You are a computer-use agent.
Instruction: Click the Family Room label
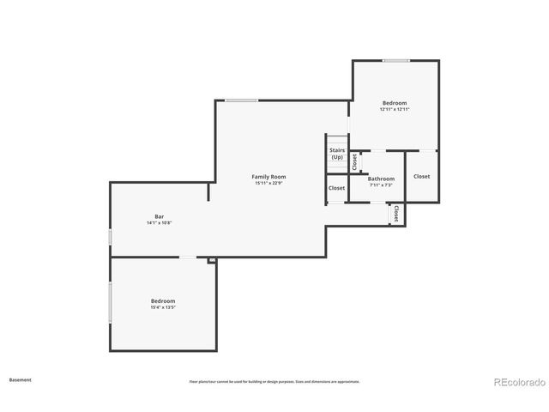[x=268, y=177]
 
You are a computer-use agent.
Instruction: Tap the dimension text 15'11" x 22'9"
[x=268, y=183]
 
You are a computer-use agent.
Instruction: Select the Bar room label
[x=160, y=216]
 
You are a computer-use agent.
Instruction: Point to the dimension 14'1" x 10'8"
[x=160, y=223]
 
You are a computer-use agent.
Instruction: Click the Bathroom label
[x=381, y=179]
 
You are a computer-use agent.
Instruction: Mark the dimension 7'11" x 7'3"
[x=381, y=185]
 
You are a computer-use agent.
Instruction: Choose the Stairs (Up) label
[x=337, y=154]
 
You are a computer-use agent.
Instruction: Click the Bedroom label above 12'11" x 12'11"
[x=395, y=103]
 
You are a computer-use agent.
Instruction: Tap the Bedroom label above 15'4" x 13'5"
[x=163, y=300]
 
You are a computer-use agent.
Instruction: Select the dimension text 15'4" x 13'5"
[x=163, y=306]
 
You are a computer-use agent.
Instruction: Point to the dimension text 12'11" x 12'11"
[x=395, y=110]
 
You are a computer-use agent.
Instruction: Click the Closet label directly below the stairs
[x=336, y=188]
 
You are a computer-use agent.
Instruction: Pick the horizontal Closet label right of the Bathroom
[x=421, y=177]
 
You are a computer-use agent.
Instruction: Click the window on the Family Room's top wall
[x=241, y=100]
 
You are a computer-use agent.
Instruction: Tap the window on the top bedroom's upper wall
[x=395, y=60]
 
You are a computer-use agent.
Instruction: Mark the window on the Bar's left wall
[x=110, y=236]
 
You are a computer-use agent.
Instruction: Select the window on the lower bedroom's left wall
[x=110, y=303]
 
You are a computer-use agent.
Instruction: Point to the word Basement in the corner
[x=21, y=379]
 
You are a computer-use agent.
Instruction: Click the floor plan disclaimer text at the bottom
[x=274, y=381]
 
